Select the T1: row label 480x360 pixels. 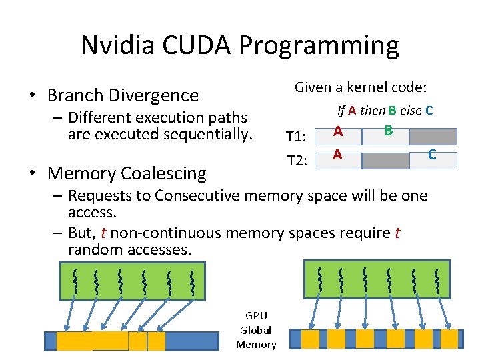point(295,137)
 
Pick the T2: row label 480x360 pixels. point(295,161)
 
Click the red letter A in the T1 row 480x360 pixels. point(339,132)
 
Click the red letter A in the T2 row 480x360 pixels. point(338,155)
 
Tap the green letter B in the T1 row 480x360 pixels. point(388,131)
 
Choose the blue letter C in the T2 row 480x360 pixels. point(432,155)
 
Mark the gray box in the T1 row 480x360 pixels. point(433,137)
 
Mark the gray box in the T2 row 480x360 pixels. point(385,161)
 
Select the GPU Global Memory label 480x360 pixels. point(256,330)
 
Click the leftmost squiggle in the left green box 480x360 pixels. point(75,282)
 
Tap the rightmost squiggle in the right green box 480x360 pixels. point(436,281)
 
